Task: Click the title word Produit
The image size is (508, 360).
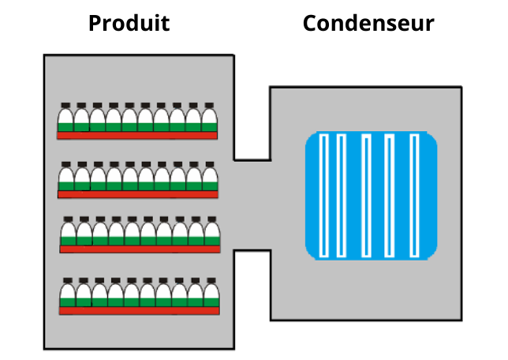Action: tap(129, 24)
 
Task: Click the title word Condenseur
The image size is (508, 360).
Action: tap(368, 24)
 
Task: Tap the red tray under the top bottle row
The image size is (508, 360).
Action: tap(137, 135)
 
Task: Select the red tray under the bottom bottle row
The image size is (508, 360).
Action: tap(139, 310)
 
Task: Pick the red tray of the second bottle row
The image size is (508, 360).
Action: tap(137, 194)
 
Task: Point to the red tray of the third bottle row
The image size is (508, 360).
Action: tap(140, 249)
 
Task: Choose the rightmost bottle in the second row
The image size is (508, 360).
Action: tap(209, 178)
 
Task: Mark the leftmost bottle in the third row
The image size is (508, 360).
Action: tap(69, 232)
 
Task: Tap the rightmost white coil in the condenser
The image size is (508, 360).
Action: tap(414, 196)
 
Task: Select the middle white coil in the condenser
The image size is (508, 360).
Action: tap(366, 196)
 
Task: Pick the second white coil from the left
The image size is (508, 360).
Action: tap(342, 196)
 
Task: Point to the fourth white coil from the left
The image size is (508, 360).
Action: tap(390, 196)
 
